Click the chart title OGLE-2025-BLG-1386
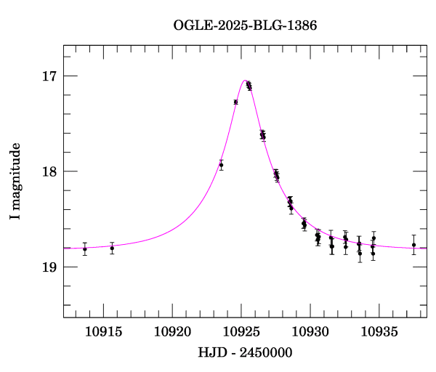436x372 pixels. click(245, 25)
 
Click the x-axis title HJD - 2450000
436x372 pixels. click(245, 352)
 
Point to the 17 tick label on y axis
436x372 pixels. click(51, 76)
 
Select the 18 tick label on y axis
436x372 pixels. click(51, 171)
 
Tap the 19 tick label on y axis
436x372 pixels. click(51, 267)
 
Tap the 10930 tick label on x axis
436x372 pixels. click(312, 331)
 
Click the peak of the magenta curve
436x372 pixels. click(246, 81)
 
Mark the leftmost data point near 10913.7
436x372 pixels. click(85, 249)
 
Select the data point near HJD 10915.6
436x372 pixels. click(112, 248)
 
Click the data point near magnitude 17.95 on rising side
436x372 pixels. click(221, 165)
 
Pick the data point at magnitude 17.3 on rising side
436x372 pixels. click(235, 102)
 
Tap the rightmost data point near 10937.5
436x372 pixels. click(413, 245)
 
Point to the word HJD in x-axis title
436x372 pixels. click(210, 352)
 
